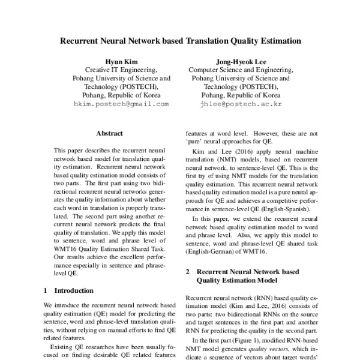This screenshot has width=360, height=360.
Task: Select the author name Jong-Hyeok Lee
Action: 240,61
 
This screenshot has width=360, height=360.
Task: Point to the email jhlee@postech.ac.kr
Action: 240,104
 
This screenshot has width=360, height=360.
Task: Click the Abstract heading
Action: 109,133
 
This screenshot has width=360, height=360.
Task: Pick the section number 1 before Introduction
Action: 46,290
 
